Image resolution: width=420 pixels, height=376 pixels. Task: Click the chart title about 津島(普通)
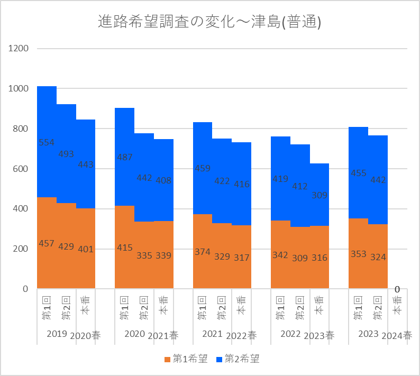pos(210,22)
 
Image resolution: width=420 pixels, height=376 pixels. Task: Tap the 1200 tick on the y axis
pos(19,49)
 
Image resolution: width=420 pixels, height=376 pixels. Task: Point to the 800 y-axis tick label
pos(21,129)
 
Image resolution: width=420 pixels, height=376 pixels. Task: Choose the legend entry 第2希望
pos(238,359)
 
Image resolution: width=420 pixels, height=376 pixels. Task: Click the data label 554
pos(47,142)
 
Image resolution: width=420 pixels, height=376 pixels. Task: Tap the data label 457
pos(47,243)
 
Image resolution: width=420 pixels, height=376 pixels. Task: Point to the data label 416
pos(241,185)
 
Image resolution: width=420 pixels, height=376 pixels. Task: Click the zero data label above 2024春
pos(397,289)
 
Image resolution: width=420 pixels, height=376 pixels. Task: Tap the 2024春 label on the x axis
pos(397,335)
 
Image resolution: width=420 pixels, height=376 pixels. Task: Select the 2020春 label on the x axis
pos(86,335)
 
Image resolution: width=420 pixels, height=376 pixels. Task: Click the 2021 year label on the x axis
pos(212,334)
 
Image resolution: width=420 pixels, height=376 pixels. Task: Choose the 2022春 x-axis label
pos(241,335)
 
